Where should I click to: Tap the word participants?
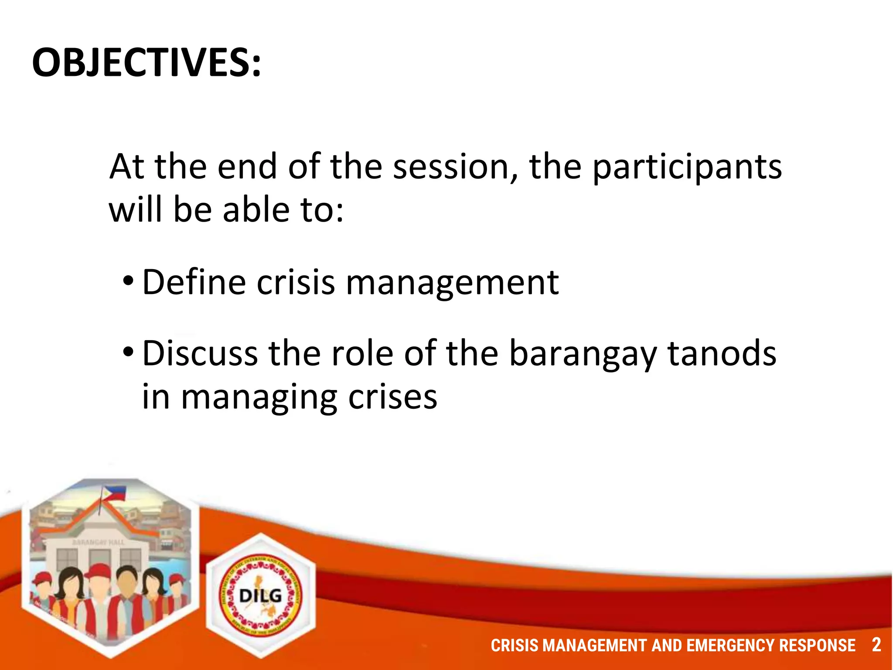[687, 168]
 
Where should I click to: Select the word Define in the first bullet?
[194, 282]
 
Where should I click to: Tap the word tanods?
[722, 353]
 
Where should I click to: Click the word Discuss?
[200, 353]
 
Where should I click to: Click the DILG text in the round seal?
[260, 595]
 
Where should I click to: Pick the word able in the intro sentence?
[256, 210]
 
